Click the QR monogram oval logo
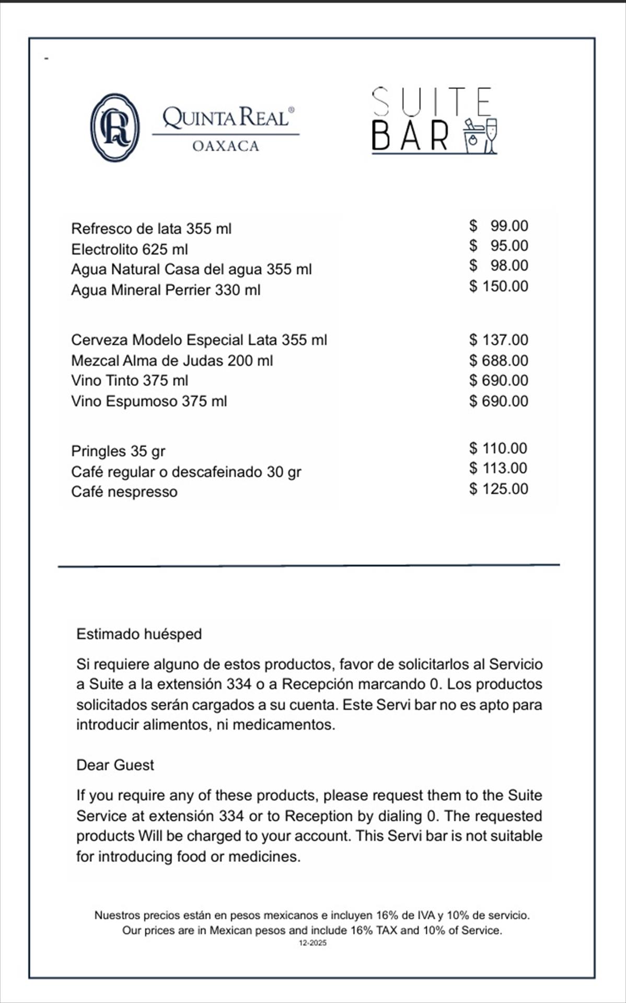tap(115, 127)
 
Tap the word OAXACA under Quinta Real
tap(226, 146)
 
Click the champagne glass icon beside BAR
tap(491, 135)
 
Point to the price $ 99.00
tap(499, 226)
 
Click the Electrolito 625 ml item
tap(130, 249)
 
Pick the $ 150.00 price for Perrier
tap(499, 286)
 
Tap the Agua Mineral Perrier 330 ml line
tap(166, 289)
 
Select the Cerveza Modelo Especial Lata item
tap(199, 340)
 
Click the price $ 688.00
tap(499, 360)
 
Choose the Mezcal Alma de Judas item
tap(172, 360)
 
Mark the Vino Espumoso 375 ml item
tap(149, 401)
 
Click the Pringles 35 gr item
tap(118, 451)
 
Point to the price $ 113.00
tap(498, 468)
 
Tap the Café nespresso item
tap(124, 492)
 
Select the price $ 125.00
tap(499, 488)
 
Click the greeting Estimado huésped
tap(139, 634)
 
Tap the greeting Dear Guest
tap(115, 765)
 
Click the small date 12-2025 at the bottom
tap(312, 943)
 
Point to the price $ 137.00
tap(499, 340)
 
